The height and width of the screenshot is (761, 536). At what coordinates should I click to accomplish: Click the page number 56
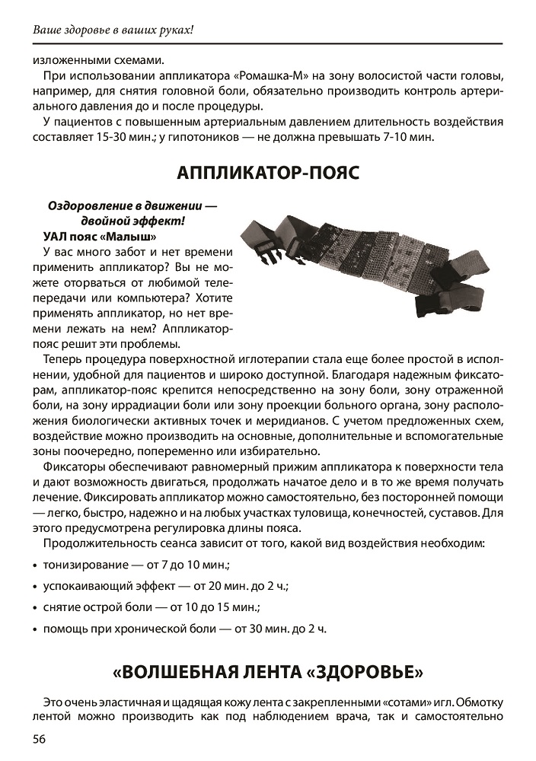[39, 740]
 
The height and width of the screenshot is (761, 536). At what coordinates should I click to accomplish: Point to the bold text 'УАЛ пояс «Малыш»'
[100, 236]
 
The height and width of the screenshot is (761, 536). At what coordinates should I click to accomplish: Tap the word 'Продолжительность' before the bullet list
[97, 544]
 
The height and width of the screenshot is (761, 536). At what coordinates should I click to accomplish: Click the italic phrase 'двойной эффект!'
[132, 221]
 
